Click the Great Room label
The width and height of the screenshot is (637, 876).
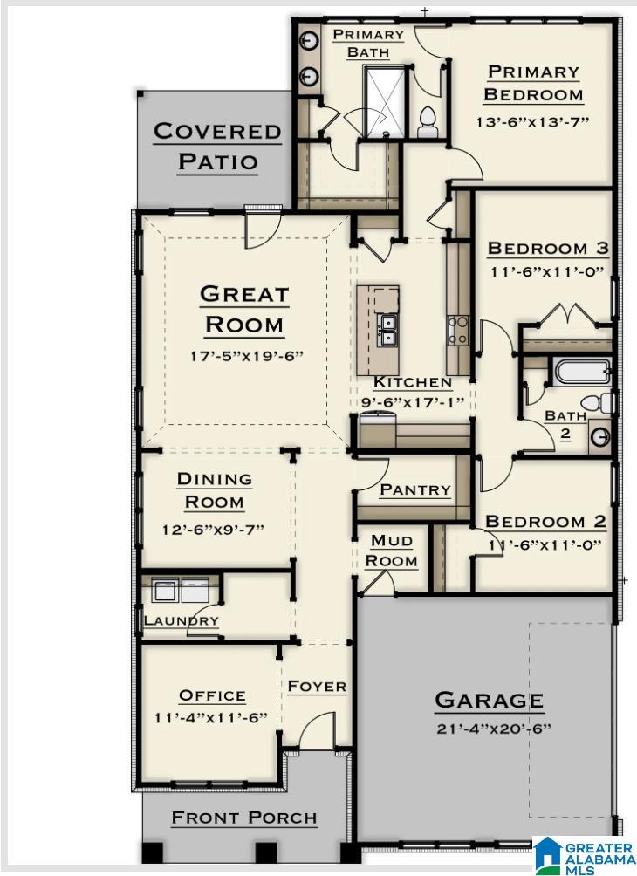(x=243, y=310)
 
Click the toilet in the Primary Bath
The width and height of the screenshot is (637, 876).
(x=428, y=122)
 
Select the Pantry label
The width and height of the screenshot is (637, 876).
(x=415, y=490)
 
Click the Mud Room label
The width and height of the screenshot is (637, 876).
(x=391, y=551)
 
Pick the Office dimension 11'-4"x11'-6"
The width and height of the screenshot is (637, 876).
(x=211, y=718)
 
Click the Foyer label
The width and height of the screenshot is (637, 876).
(x=317, y=687)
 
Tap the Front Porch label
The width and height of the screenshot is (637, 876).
(x=243, y=818)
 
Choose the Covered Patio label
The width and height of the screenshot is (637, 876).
(x=217, y=147)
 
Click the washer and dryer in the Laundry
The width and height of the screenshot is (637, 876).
(x=178, y=591)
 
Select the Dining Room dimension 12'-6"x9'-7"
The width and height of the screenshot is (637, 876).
(x=213, y=530)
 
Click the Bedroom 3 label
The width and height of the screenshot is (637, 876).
(x=548, y=249)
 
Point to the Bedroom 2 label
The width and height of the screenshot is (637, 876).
(x=545, y=522)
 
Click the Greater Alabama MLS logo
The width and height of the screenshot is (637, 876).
(x=583, y=855)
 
